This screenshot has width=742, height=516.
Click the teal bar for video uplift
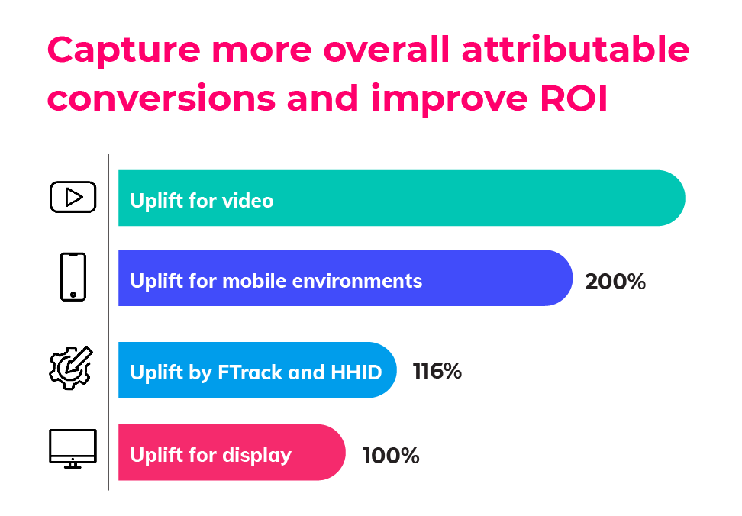pos(402,198)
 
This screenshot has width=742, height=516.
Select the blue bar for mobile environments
pos(346,278)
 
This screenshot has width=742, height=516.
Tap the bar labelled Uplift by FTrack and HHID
pos(257,370)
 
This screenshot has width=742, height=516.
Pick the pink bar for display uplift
pos(232,453)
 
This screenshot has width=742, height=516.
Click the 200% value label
pos(615,282)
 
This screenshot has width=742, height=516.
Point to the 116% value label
pos(437,371)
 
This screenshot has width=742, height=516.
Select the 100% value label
pos(391,456)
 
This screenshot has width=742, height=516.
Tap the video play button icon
pos(73,197)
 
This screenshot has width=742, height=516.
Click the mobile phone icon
pos(73,277)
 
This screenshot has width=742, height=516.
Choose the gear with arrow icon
pos(71,368)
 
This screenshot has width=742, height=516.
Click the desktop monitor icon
pos(73,448)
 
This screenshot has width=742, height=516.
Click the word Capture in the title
pos(124,50)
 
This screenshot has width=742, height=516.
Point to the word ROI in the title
pos(573,98)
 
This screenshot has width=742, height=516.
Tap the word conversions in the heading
pos(161,98)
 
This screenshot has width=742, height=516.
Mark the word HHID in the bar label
pos(356,372)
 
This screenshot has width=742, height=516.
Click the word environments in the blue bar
pos(357,281)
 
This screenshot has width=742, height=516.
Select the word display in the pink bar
pos(257,456)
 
